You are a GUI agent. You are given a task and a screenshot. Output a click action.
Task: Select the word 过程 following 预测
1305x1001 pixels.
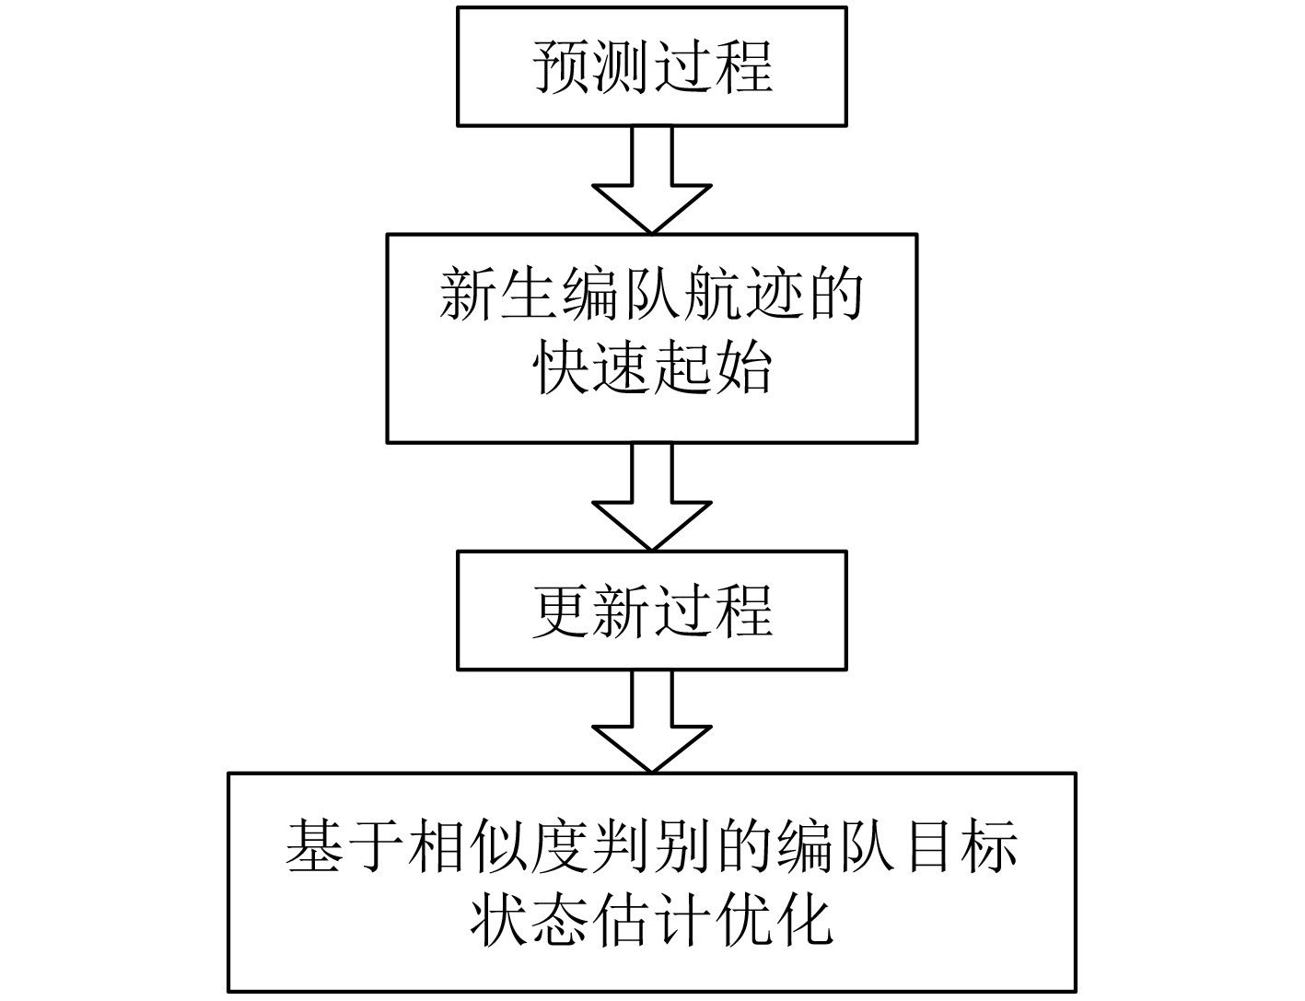(x=712, y=66)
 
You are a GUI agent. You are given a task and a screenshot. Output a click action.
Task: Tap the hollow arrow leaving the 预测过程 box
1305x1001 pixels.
(x=651, y=180)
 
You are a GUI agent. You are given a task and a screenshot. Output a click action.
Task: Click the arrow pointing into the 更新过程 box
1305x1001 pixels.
(x=651, y=497)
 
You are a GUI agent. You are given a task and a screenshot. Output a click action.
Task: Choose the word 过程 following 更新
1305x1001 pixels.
(x=712, y=610)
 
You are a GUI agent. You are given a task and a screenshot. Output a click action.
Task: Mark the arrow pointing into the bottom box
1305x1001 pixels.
(x=651, y=720)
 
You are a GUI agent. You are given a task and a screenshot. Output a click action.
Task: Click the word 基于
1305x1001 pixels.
(x=345, y=845)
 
